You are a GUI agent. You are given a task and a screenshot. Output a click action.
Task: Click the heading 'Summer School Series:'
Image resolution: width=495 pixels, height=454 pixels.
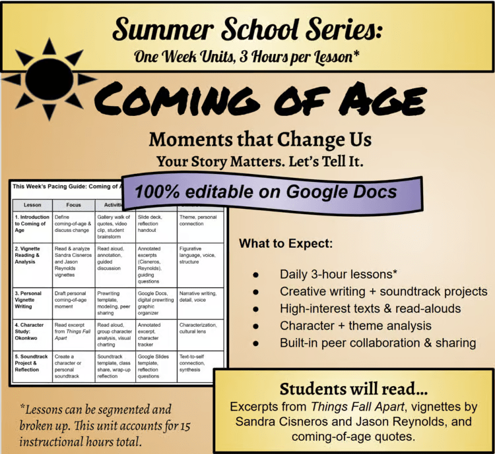[247, 29]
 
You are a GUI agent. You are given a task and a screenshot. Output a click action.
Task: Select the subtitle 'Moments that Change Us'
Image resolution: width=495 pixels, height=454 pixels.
[259, 140]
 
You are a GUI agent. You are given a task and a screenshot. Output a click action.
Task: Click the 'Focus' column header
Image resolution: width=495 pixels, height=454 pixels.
[73, 204]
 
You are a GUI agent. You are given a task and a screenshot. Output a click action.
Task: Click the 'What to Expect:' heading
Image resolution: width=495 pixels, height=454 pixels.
[286, 244]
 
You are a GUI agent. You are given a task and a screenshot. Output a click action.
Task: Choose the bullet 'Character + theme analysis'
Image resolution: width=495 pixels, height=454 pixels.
[355, 326]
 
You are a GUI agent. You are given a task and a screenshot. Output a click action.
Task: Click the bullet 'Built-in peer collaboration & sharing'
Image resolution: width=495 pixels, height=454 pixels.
[378, 343]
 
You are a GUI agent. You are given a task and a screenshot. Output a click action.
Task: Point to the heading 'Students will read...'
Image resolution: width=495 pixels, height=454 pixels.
[354, 388]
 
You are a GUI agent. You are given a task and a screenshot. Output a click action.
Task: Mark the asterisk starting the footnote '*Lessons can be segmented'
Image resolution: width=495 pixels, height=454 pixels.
[23, 409]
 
